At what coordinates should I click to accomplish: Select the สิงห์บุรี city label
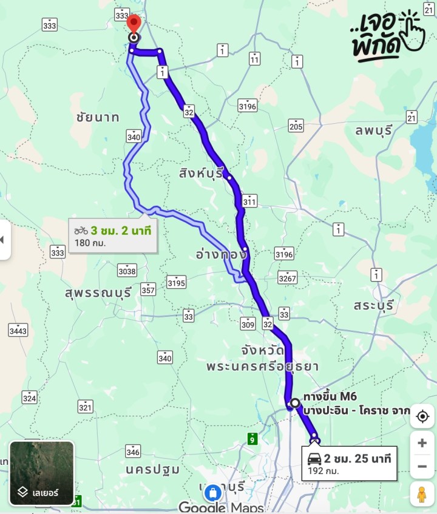point(201,172)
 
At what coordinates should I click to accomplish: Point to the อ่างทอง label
point(221,254)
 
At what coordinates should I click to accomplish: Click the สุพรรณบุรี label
point(98,293)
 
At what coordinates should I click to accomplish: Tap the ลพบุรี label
point(375,129)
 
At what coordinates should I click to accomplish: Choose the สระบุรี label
point(374,304)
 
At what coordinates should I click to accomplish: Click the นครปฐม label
point(152,469)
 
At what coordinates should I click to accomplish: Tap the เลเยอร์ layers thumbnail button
point(42,473)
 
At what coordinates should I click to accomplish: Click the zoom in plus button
point(422,443)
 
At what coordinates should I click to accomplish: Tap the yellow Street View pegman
point(422,495)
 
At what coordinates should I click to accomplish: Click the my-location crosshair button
point(422,416)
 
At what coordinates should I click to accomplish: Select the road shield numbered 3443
point(18,331)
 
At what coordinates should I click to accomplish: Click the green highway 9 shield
point(252,437)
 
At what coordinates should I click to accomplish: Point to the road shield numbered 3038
point(127,269)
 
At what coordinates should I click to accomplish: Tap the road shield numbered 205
point(296,126)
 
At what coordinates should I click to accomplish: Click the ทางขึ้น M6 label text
point(330,397)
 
